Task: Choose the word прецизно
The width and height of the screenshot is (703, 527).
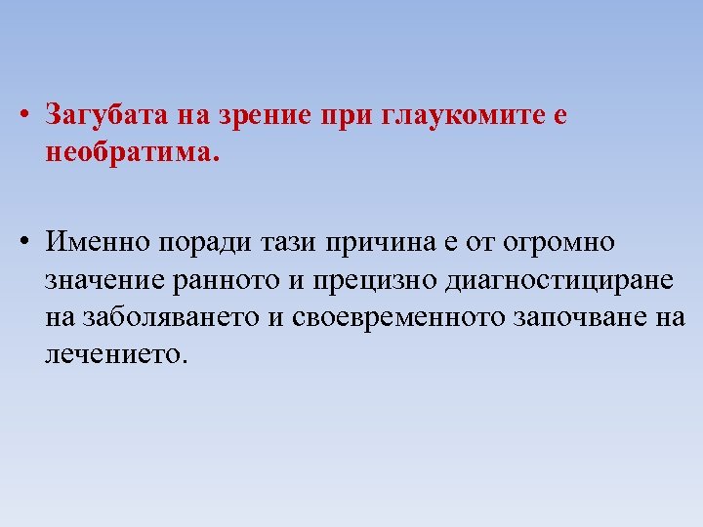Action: click(x=376, y=279)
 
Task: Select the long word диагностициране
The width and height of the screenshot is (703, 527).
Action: click(x=558, y=280)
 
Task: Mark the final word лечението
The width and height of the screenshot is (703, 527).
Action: click(x=113, y=354)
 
